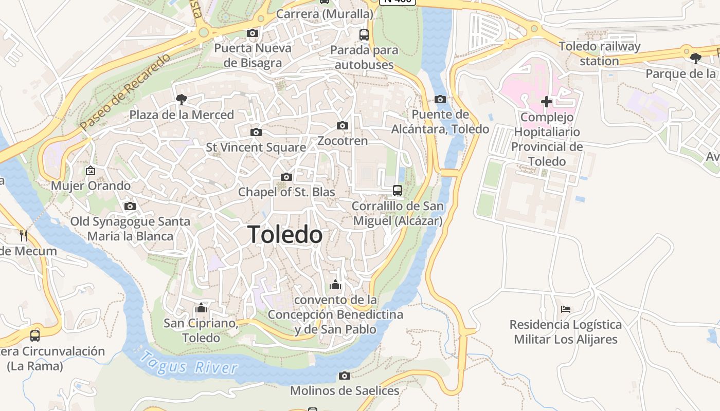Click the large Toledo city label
pyautogui.click(x=285, y=235)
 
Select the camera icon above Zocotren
pyautogui.click(x=343, y=126)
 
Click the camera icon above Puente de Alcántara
pyautogui.click(x=440, y=100)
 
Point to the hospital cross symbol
pyautogui.click(x=547, y=102)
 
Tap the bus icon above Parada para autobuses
pyautogui.click(x=364, y=35)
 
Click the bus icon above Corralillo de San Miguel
pyautogui.click(x=398, y=191)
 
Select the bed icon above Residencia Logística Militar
pyautogui.click(x=566, y=309)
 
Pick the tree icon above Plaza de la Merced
pyautogui.click(x=181, y=99)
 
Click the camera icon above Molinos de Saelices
pyautogui.click(x=345, y=376)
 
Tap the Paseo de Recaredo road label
pyautogui.click(x=125, y=92)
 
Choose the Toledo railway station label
pyautogui.click(x=600, y=53)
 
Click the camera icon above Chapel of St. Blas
pyautogui.click(x=286, y=177)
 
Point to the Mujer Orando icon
pyautogui.click(x=91, y=171)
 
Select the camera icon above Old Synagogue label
pyautogui.click(x=130, y=207)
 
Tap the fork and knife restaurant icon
pyautogui.click(x=24, y=236)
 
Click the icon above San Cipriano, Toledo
pyautogui.click(x=201, y=308)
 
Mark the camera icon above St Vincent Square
pyautogui.click(x=256, y=133)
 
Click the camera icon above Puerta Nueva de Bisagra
pyautogui.click(x=253, y=33)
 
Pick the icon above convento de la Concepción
pyautogui.click(x=335, y=285)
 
